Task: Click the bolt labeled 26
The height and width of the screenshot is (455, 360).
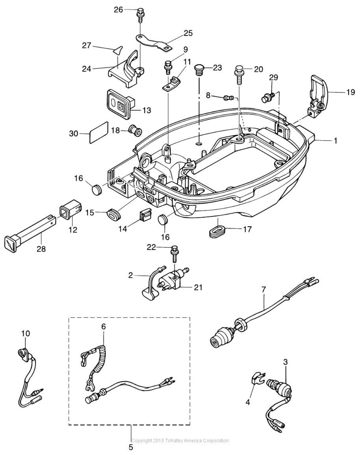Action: tap(140, 15)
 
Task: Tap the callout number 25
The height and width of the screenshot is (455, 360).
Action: tap(188, 33)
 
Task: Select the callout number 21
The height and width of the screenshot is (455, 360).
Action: tap(198, 288)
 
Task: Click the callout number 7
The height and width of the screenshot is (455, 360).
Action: tap(263, 289)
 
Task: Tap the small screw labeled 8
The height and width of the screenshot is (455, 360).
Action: tap(229, 98)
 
